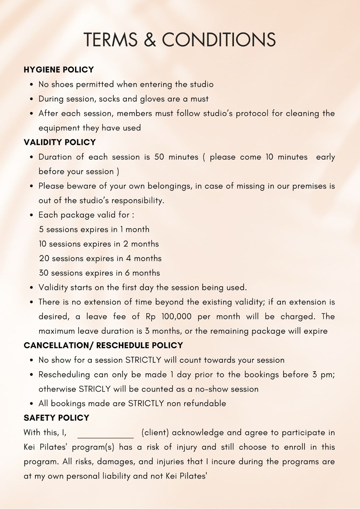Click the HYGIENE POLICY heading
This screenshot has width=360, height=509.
coord(59,70)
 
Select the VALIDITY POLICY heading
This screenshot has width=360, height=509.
coord(60,142)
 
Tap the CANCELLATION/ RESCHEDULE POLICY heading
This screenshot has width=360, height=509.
coord(103,345)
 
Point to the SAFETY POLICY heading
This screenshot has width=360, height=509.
coord(57,418)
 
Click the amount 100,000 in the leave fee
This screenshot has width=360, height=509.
coord(176,317)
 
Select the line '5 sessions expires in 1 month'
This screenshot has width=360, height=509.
coord(94,229)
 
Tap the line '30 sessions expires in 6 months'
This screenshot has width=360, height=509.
coord(99,273)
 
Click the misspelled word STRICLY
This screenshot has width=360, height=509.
coord(95,389)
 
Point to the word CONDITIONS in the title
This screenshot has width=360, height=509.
coord(219,40)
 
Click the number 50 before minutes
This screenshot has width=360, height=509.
coord(159,157)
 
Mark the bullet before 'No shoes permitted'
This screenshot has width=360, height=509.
coord(32,85)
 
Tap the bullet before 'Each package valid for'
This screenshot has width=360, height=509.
coord(32,215)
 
